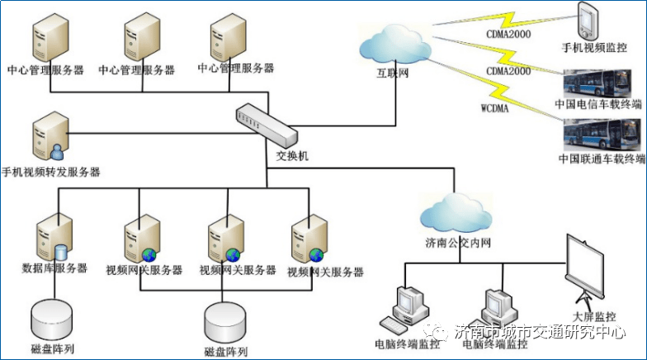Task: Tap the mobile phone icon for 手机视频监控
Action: coord(587,20)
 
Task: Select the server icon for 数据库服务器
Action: coord(51,239)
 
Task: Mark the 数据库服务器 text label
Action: coord(54,270)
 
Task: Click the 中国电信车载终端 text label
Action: coord(601,105)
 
